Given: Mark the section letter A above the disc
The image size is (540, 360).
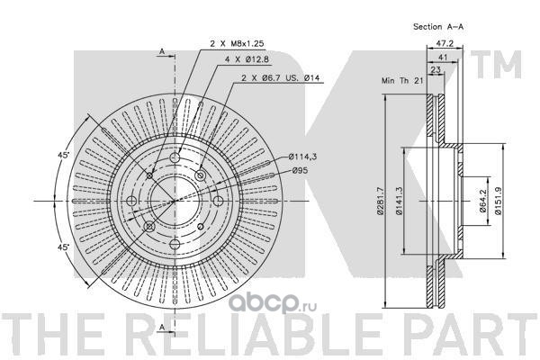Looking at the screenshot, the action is click(161, 52).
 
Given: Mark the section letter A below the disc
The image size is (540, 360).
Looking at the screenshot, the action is click(161, 325).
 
